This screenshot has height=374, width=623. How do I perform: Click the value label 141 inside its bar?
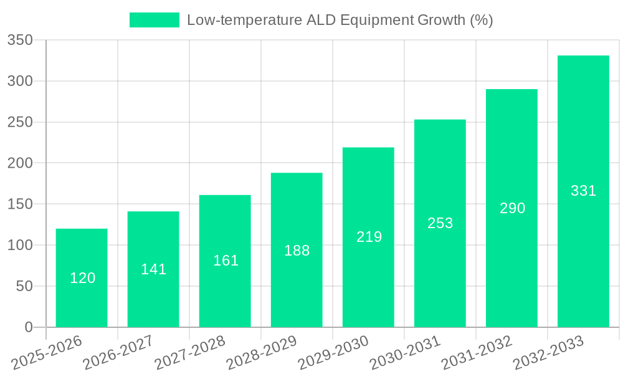pos(153,269)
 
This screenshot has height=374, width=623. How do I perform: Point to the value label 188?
pos(297,251)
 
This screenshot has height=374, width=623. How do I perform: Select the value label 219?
pos(369,237)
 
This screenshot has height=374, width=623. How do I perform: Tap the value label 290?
pos(512,208)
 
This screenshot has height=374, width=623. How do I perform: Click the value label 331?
pos(583,191)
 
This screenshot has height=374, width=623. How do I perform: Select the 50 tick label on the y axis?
pos(24,286)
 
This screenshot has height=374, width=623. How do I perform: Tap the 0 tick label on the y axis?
pos(29,327)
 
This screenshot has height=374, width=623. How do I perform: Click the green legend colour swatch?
pos(154,20)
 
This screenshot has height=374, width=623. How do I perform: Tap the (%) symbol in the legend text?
pos(481,20)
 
